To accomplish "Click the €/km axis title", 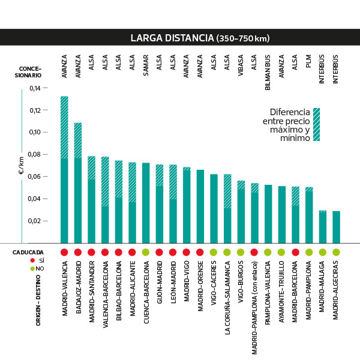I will [x=21, y=166].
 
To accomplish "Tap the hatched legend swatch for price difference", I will [x=316, y=124].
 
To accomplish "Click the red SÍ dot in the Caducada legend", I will [x=32, y=261].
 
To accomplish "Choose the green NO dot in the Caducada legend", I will [x=32, y=268].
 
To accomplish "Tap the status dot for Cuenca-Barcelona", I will [x=146, y=252].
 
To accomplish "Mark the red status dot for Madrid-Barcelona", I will [x=295, y=252].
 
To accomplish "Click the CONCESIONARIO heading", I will [x=29, y=71].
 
